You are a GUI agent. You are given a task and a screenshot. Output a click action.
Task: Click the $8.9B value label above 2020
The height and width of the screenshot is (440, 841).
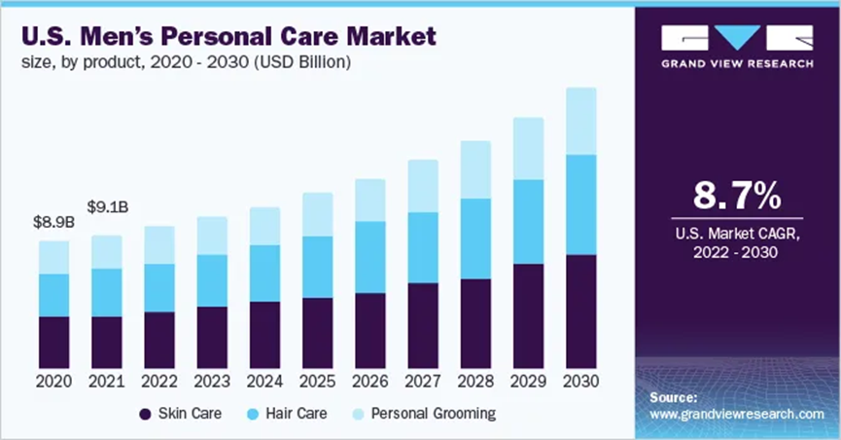point(53,222)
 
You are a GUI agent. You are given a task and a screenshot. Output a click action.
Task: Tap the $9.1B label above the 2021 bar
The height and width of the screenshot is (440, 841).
point(106,206)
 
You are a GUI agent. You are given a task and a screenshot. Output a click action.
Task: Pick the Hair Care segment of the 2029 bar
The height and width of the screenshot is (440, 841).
point(528,221)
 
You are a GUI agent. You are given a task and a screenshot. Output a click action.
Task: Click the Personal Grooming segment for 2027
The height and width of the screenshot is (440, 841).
point(423,186)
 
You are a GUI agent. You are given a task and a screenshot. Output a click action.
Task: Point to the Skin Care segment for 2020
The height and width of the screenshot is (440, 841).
point(53,341)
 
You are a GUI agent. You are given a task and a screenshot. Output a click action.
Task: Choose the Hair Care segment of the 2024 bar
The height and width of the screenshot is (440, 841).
point(264,273)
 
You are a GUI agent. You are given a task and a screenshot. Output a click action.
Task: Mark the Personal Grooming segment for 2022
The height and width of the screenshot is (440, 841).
point(159,244)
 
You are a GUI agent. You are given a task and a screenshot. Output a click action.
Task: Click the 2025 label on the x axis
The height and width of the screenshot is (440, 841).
point(317,381)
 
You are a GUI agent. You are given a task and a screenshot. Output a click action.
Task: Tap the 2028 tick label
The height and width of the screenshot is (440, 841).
point(475,381)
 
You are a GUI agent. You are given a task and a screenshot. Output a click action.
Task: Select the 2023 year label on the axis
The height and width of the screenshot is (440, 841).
point(211,381)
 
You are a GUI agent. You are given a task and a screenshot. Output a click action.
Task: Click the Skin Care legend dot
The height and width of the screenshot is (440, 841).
point(146,414)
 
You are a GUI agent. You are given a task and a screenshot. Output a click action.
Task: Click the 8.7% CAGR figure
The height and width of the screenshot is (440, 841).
point(736,196)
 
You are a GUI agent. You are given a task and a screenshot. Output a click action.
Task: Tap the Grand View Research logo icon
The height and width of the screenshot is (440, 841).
point(737,38)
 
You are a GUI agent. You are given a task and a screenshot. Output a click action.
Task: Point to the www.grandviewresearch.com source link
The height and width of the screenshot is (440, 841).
point(736,414)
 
